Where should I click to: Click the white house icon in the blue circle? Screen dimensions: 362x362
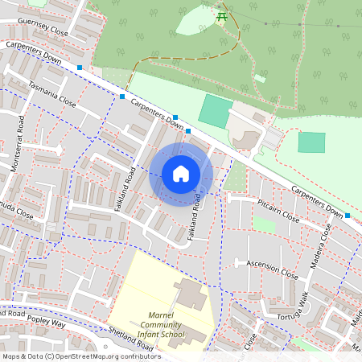click(x=181, y=173)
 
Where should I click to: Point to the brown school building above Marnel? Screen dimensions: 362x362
click(x=189, y=294)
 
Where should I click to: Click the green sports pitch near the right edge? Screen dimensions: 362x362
click(x=311, y=142)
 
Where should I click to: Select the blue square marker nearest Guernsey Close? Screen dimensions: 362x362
click(x=80, y=68)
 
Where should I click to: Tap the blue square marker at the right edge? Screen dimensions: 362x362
click(x=348, y=216)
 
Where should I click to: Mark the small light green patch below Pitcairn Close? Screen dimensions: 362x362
click(x=264, y=224)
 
